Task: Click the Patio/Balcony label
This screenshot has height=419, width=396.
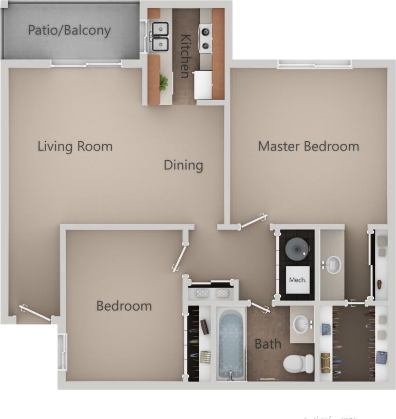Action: [69, 30]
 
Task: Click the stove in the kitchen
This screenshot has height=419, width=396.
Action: [205, 39]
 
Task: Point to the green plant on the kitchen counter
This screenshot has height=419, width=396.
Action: [163, 83]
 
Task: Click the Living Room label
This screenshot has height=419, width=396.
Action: [75, 146]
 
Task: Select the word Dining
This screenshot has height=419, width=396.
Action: [183, 165]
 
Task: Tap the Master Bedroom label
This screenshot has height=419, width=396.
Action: [308, 146]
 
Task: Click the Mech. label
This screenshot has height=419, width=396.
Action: [298, 280]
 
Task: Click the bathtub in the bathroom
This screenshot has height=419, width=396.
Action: [231, 343]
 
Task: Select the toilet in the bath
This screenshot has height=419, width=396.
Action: [298, 363]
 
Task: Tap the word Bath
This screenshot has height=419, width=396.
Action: [268, 344]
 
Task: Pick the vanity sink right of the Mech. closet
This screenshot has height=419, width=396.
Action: [332, 265]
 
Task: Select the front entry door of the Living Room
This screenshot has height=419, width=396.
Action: [35, 313]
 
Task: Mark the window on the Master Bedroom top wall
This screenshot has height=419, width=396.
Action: [314, 64]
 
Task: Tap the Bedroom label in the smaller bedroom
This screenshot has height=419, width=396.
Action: [124, 306]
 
